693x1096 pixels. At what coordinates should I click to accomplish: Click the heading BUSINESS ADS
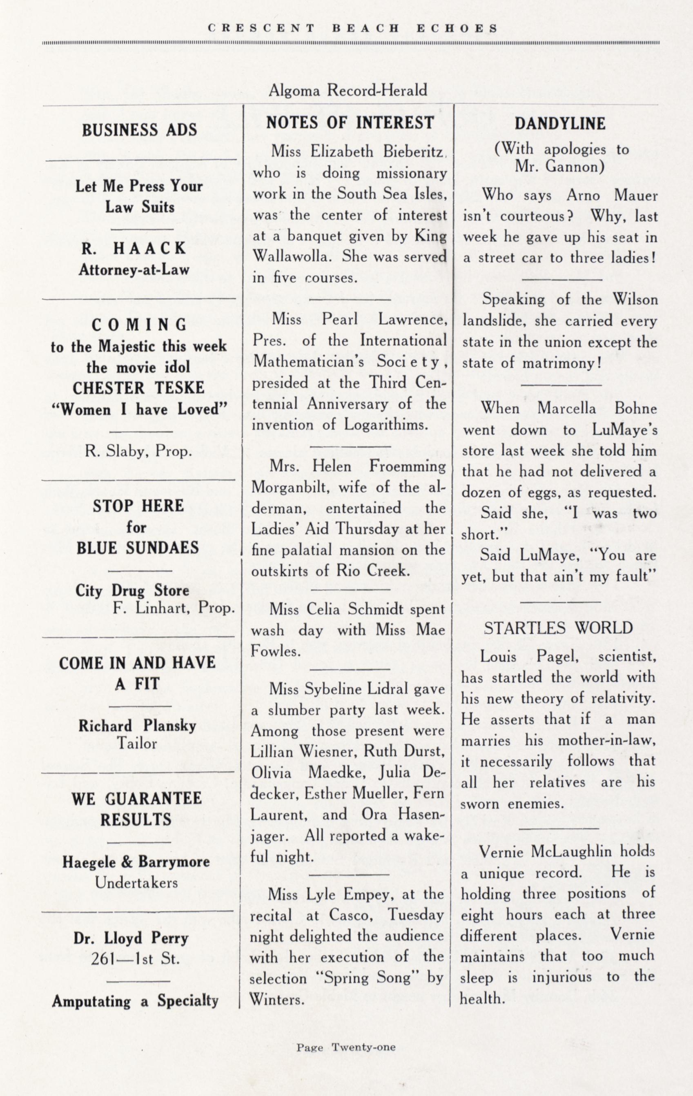coord(139,130)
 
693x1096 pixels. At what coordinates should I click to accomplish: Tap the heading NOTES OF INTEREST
coord(350,123)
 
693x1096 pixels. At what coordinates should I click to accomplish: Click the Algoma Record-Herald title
coord(348,91)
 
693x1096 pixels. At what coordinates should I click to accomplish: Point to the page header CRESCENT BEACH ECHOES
coord(352,28)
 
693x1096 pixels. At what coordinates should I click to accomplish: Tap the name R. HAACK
coord(134,249)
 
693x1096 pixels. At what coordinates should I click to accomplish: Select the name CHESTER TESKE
coord(138,388)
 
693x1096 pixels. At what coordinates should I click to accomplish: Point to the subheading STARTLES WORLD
coord(558,628)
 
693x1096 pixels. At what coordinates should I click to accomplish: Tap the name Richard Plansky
coord(138,726)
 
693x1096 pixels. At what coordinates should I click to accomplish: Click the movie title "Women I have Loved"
coord(139,410)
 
